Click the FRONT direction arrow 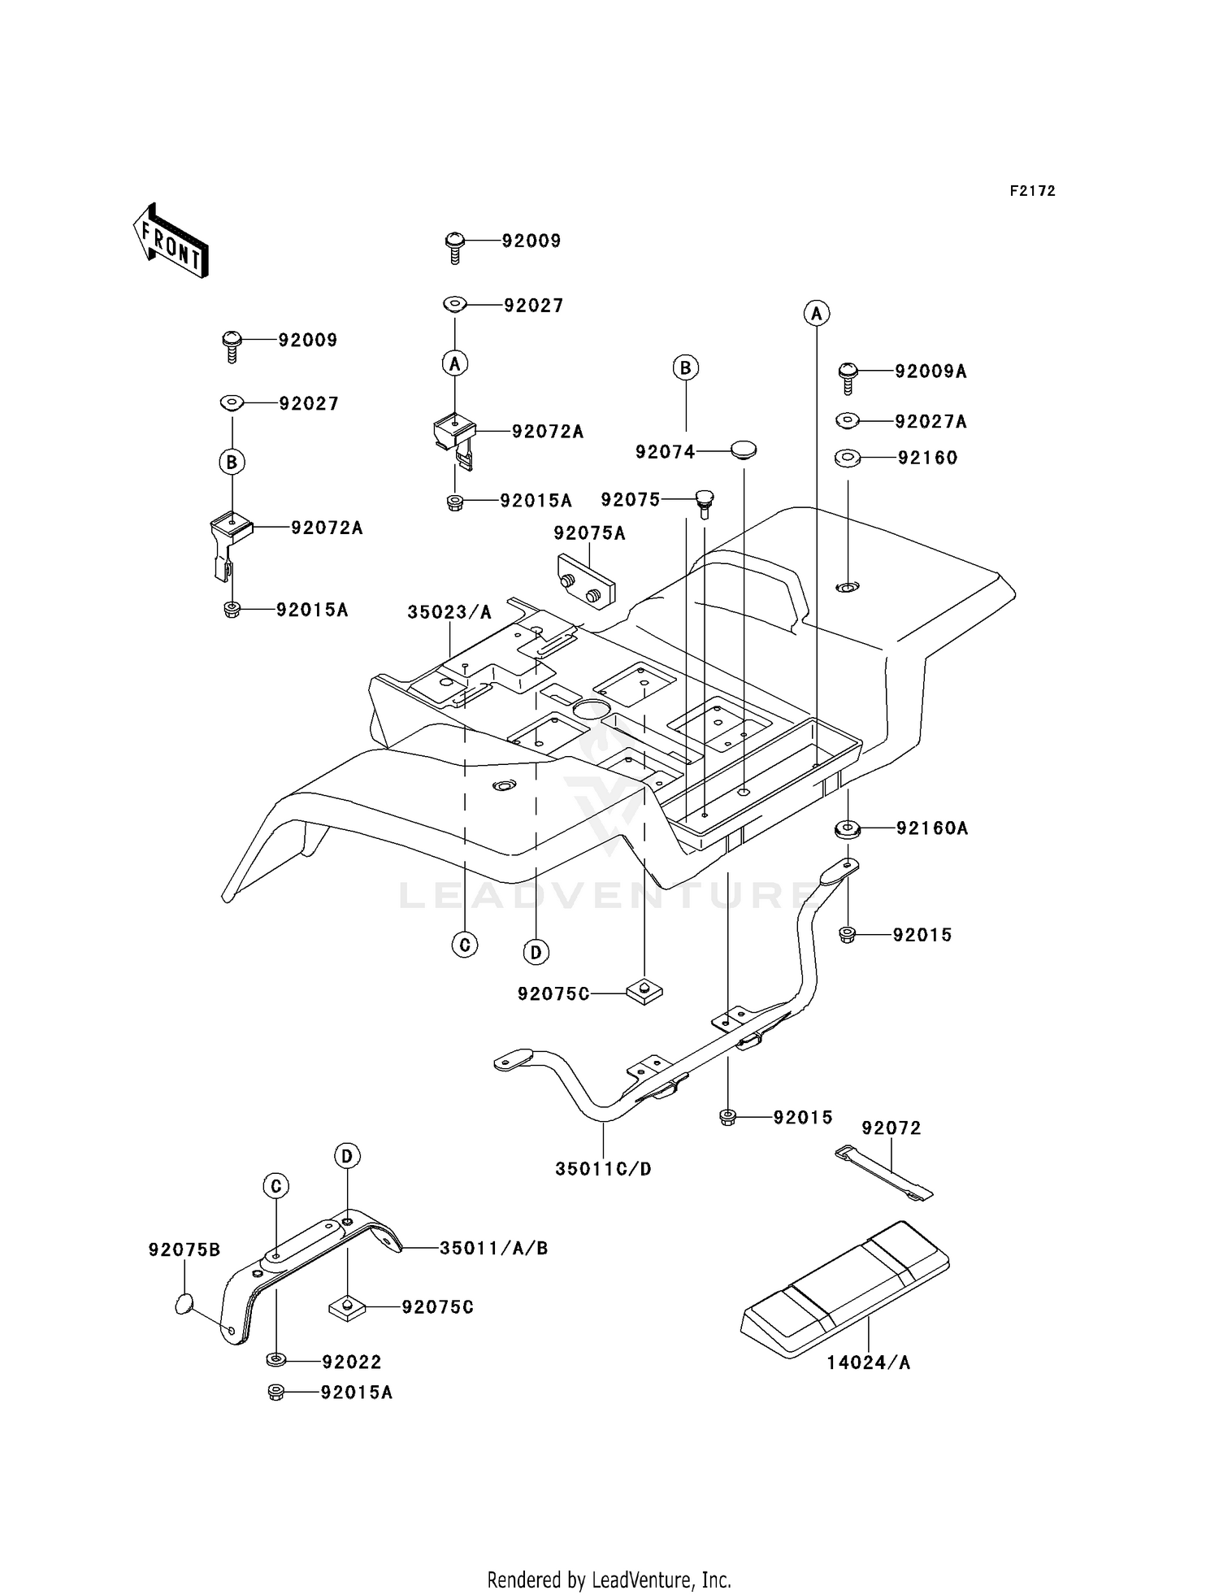tap(170, 241)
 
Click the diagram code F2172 tap(1032, 191)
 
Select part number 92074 tap(666, 452)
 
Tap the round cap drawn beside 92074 tap(744, 449)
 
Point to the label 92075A tap(590, 533)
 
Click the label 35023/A tap(449, 612)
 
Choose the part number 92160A tap(932, 828)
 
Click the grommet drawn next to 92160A tap(848, 829)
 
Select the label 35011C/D tap(603, 1169)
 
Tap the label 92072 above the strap tap(891, 1128)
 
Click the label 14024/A tap(869, 1362)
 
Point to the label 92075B tap(184, 1249)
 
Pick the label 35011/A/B tap(494, 1248)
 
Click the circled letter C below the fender tap(465, 945)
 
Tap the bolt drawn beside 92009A tap(848, 377)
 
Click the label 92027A tap(931, 422)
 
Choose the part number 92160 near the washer tap(928, 458)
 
